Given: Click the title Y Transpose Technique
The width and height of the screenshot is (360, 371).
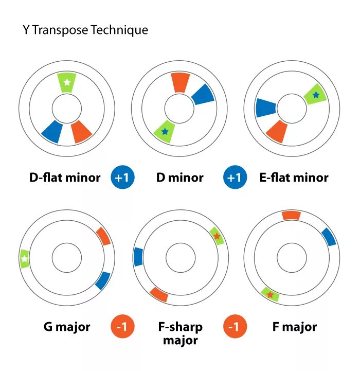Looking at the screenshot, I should pos(85,30).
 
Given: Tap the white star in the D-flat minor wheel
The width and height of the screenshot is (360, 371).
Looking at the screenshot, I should pos(66,82).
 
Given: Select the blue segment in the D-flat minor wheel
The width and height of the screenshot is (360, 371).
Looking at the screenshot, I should pos(52,131).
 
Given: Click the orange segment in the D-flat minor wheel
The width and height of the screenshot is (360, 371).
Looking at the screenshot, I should pos(81,131).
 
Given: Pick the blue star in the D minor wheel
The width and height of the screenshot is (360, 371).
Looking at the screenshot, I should pos(165,132).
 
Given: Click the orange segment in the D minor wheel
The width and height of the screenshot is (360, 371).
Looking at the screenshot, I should pos(179,82).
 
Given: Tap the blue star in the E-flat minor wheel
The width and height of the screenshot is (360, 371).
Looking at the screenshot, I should pos(315,95).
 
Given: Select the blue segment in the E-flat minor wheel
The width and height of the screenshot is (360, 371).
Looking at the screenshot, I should pos(265,108).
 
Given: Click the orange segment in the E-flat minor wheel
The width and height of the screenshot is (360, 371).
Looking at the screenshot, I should pos(277,131).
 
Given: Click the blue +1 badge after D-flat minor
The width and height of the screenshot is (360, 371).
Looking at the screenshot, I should pos(122,178).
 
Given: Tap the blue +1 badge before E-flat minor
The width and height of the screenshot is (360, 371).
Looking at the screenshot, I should pos(235,178).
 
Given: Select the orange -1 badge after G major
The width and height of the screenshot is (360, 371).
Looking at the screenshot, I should pos(122,327).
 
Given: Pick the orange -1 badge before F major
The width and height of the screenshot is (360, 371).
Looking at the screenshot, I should pos(235,327).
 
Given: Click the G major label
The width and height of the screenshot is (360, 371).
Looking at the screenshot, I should pos(67,327).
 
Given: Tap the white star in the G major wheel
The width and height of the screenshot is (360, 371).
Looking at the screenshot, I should pos(24,258).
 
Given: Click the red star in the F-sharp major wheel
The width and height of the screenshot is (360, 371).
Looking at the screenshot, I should pos(217,236).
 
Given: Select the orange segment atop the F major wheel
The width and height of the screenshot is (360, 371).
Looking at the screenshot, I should pos(291,215).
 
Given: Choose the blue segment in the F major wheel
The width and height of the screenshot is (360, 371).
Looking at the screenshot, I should pos(329,237).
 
